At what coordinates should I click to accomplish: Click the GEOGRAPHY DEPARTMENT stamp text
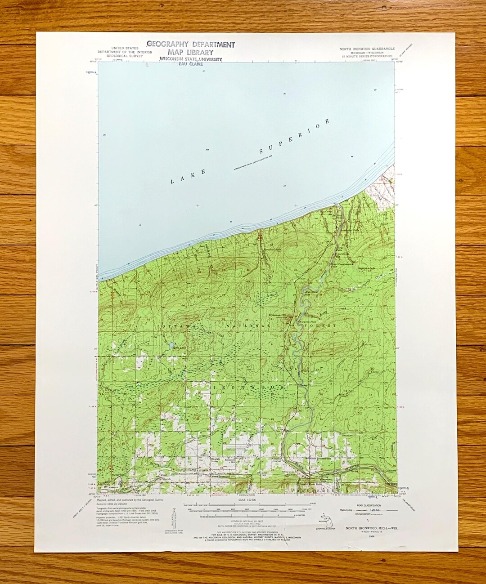190,45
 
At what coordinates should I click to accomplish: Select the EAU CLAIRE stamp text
191,64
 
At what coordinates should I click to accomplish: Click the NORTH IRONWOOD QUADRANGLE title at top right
367,49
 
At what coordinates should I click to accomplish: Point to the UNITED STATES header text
125,48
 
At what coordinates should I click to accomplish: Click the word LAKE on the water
188,176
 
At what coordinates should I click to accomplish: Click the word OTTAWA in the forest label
179,325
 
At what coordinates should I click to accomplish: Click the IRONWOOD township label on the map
248,387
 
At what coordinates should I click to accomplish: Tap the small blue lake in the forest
172,346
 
